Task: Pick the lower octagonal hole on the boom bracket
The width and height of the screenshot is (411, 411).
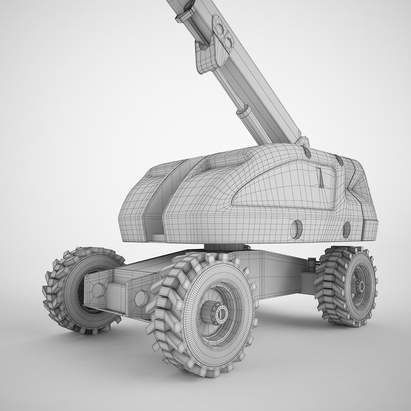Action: coord(227,42)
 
